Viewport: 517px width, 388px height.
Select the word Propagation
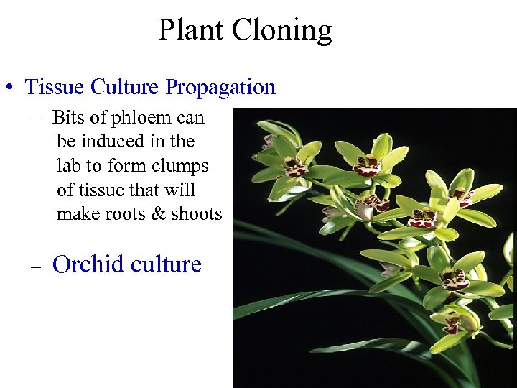[x=220, y=87]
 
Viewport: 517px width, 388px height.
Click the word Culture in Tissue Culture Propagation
[x=126, y=87]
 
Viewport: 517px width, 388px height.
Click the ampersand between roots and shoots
[x=159, y=214]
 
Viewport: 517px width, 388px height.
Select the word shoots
[x=196, y=214]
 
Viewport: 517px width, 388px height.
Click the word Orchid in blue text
[x=87, y=264]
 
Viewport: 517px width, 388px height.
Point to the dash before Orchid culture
[x=36, y=266]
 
